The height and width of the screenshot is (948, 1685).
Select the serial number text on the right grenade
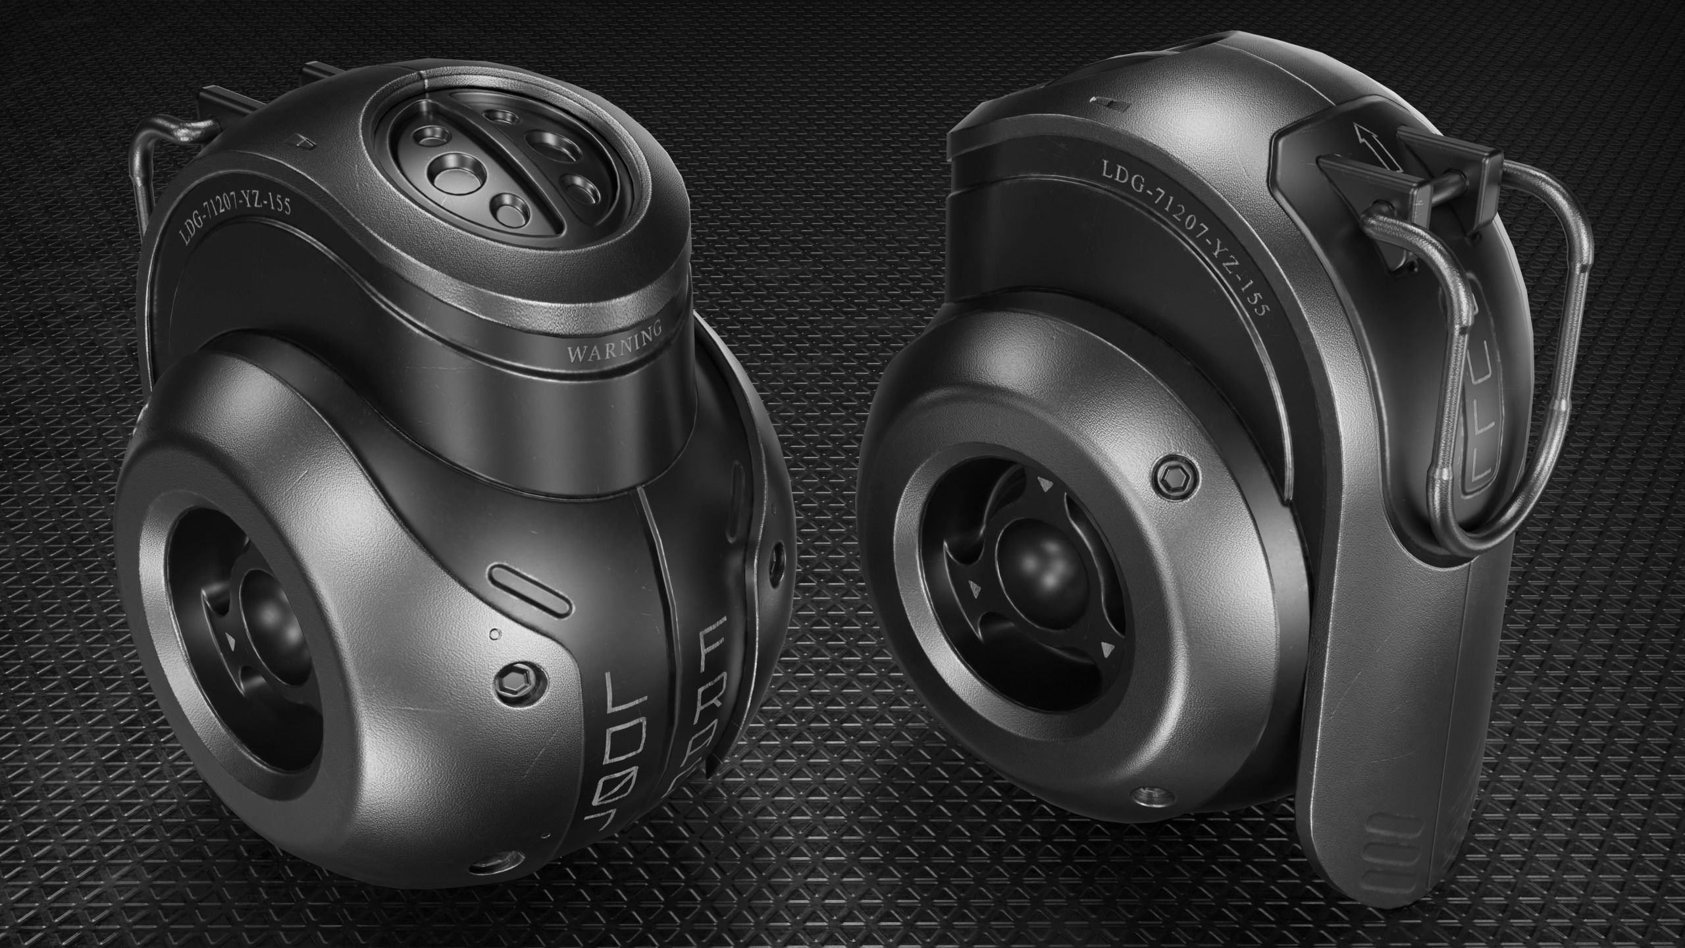click(1185, 243)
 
